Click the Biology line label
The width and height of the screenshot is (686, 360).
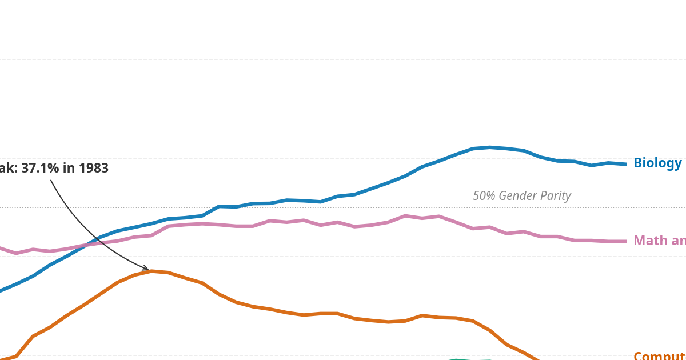[657, 163]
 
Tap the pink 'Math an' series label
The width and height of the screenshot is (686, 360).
[659, 241]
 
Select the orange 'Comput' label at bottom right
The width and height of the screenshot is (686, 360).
[659, 356]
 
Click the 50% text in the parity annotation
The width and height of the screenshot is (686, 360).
[484, 196]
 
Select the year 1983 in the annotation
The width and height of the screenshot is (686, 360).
[93, 169]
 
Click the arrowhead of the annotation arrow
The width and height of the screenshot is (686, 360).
[146, 269]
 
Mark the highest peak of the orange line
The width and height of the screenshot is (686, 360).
[151, 271]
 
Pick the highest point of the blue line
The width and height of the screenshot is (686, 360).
[490, 147]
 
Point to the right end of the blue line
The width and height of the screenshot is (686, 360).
[625, 165]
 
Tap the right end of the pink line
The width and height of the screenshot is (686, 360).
[625, 242]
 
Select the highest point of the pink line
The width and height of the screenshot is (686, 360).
[405, 215]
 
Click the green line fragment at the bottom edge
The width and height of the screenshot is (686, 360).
[457, 359]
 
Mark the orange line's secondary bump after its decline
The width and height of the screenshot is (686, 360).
[422, 315]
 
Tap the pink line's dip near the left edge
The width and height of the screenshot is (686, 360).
[16, 253]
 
